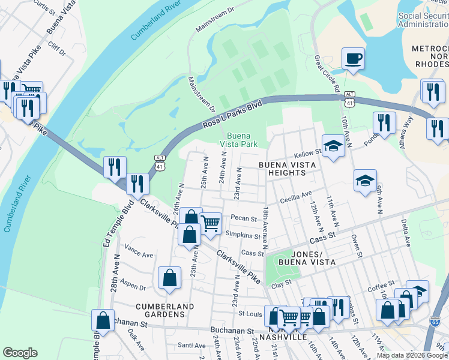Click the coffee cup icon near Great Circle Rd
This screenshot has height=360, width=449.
(353, 59)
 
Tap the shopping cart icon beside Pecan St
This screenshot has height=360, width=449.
(211, 223)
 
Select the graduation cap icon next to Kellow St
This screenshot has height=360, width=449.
(333, 146)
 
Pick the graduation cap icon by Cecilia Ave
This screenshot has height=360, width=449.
(365, 181)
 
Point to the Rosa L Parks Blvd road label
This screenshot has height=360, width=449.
(233, 114)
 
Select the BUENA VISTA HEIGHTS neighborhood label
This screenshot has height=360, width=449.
(282, 168)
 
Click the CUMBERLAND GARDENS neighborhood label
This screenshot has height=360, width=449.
(164, 310)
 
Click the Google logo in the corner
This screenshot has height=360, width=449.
(20, 353)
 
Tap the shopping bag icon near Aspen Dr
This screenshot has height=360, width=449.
(170, 278)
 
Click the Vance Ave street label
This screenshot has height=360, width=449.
(139, 250)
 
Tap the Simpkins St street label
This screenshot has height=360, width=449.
(243, 235)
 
